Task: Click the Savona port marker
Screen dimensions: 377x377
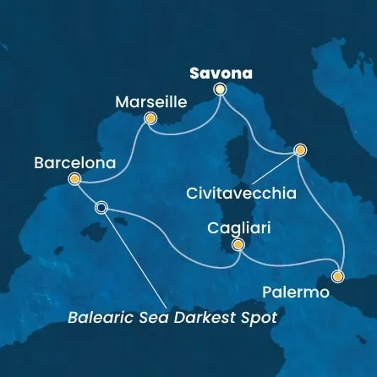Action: point(221,88)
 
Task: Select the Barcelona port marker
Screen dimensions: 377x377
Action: point(74,179)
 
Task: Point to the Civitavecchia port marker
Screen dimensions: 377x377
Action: point(299,150)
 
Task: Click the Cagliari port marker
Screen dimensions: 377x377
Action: point(238,245)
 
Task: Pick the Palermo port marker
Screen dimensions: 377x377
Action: point(338,276)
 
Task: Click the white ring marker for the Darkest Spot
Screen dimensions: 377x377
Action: point(102,207)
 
